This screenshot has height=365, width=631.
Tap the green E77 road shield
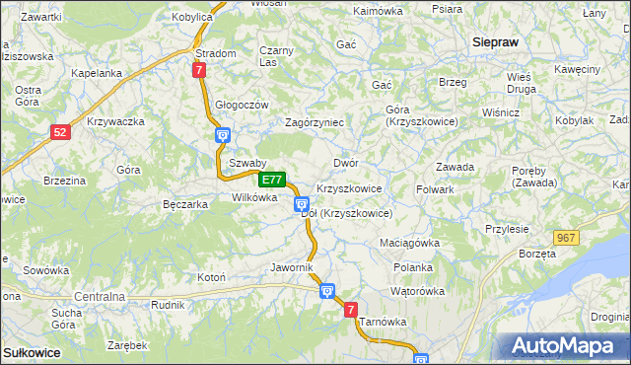coord(273,181)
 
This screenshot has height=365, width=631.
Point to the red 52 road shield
coord(61,131)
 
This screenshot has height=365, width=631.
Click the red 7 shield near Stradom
coord(200,70)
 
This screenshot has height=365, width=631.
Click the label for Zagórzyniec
coord(314,122)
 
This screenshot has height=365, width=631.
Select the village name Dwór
coord(345,163)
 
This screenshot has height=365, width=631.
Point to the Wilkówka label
coord(254,197)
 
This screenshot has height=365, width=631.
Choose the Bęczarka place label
coord(184,204)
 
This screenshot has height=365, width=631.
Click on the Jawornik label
coord(291,267)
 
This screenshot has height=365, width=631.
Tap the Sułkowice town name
coord(32,352)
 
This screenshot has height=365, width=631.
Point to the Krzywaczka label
coord(116,121)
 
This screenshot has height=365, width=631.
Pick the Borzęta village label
coord(537,254)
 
